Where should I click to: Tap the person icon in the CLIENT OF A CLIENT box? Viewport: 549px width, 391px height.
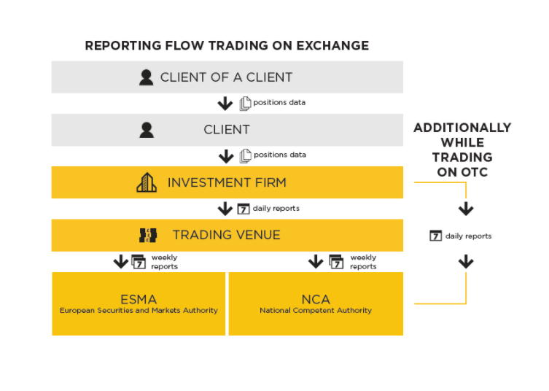click(x=147, y=77)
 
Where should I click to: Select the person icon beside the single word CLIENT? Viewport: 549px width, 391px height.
click(x=147, y=130)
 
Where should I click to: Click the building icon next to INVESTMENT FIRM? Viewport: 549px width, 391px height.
click(x=147, y=182)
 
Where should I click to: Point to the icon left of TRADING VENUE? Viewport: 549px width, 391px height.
click(x=148, y=235)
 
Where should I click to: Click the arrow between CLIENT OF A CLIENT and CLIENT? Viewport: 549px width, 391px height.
click(x=225, y=104)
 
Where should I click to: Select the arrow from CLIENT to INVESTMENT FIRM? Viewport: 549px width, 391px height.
click(x=225, y=156)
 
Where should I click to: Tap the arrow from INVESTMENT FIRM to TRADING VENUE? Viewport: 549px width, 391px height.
click(x=225, y=209)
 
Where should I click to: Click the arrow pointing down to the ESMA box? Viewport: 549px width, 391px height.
click(x=121, y=261)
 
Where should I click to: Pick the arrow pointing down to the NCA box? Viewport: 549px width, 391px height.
click(x=316, y=261)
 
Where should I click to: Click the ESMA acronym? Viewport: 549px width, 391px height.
click(x=139, y=299)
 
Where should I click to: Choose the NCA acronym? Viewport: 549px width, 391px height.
click(x=316, y=299)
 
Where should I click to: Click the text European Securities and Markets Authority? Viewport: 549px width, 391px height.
click(x=139, y=311)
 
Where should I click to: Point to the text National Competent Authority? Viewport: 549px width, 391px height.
click(x=316, y=311)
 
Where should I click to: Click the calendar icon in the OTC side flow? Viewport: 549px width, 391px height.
click(x=435, y=236)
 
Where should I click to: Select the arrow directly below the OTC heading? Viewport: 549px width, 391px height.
click(x=466, y=209)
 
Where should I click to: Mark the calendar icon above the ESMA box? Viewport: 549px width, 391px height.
click(x=139, y=261)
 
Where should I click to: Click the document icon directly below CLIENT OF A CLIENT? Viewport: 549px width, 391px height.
click(x=245, y=104)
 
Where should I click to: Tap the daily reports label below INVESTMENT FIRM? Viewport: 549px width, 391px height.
click(x=276, y=209)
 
